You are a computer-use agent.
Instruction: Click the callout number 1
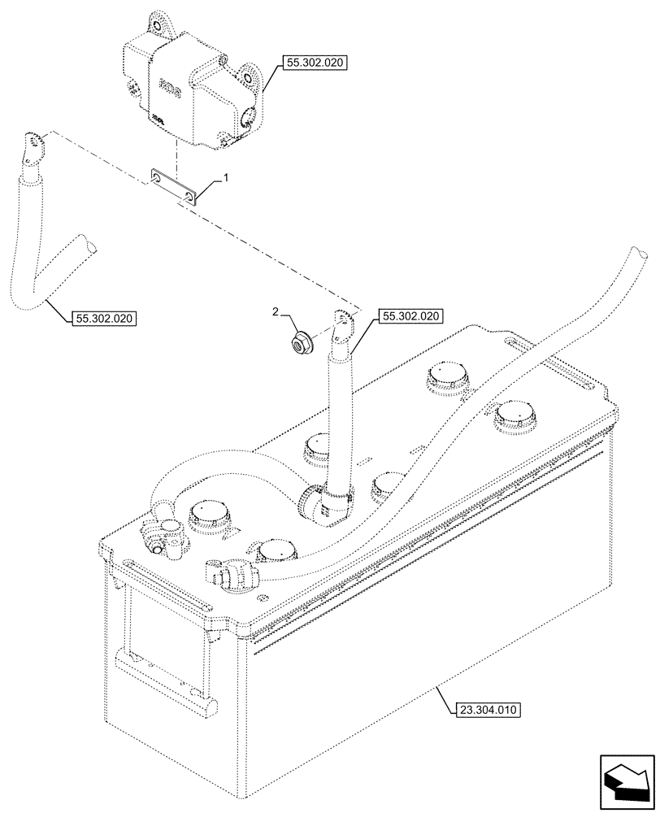[x=227, y=177]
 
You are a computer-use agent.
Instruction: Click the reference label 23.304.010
[x=483, y=709]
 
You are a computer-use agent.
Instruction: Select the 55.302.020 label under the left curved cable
[x=101, y=318]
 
